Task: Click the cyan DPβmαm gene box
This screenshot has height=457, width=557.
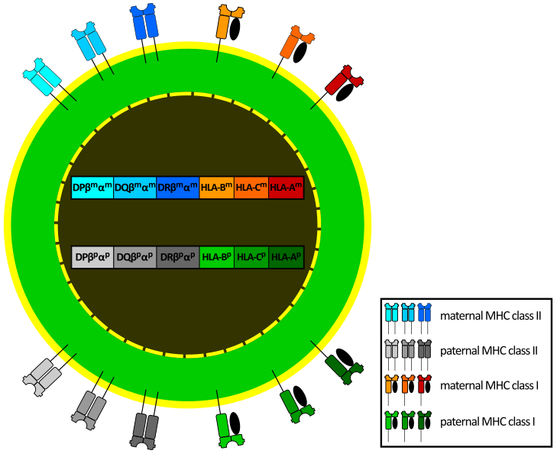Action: [92, 187]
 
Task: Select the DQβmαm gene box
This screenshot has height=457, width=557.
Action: [135, 187]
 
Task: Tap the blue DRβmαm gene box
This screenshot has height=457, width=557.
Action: [177, 187]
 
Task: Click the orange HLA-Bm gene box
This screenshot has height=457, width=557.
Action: [216, 187]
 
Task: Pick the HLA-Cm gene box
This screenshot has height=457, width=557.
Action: [251, 187]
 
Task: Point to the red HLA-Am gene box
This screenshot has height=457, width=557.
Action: [287, 187]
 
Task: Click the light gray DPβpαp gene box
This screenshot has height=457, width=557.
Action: [92, 257]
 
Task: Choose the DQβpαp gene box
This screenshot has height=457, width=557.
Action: [135, 257]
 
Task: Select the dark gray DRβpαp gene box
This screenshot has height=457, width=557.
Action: [177, 257]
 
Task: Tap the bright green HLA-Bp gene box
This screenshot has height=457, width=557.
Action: [216, 257]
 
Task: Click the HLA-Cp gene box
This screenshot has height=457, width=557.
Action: [251, 257]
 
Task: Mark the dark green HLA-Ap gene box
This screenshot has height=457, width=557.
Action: [287, 257]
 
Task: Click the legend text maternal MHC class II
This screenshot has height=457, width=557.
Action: [491, 315]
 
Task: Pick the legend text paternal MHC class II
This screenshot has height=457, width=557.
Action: [490, 351]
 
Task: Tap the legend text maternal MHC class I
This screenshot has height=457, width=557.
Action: [489, 386]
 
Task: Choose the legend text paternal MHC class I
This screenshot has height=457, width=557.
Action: [487, 421]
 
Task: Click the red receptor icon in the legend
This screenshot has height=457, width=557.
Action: [423, 383]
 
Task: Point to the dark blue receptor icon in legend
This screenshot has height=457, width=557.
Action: [423, 313]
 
